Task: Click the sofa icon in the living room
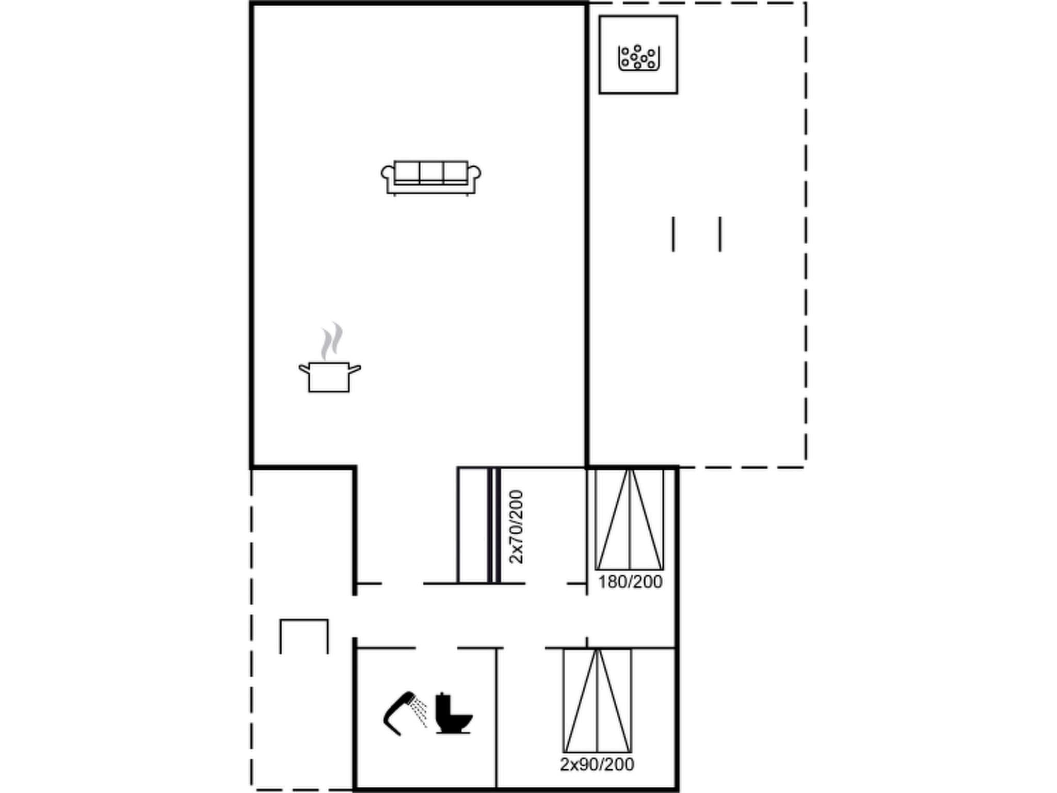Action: (x=431, y=178)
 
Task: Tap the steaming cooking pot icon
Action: (x=329, y=376)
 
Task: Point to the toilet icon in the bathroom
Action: (x=453, y=713)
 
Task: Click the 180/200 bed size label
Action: (x=630, y=582)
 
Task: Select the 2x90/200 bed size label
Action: (x=597, y=764)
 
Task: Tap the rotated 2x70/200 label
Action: (x=516, y=527)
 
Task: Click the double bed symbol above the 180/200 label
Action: (x=630, y=519)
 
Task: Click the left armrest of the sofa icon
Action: (x=387, y=173)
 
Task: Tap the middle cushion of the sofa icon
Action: (x=431, y=172)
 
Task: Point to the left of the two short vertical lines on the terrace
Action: (x=673, y=234)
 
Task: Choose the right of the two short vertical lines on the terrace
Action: (x=720, y=234)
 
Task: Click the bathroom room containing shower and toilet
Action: (x=426, y=743)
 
